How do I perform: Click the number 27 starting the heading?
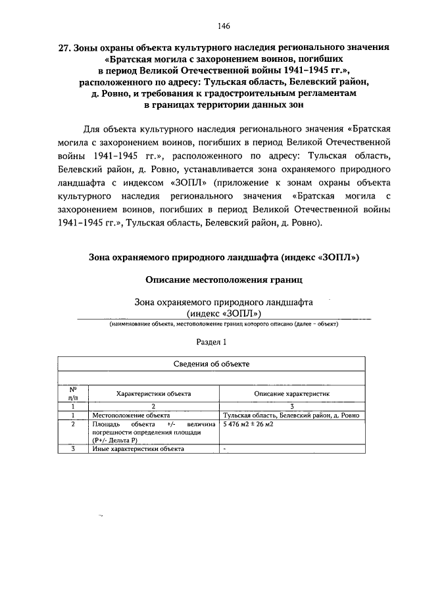click(63, 48)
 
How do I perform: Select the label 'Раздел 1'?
click(211, 342)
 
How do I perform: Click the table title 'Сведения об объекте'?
click(211, 364)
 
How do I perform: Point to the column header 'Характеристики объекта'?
click(153, 393)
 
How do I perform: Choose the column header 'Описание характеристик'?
click(292, 393)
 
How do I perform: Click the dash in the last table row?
click(225, 449)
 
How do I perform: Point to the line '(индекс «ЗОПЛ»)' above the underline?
click(224, 313)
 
